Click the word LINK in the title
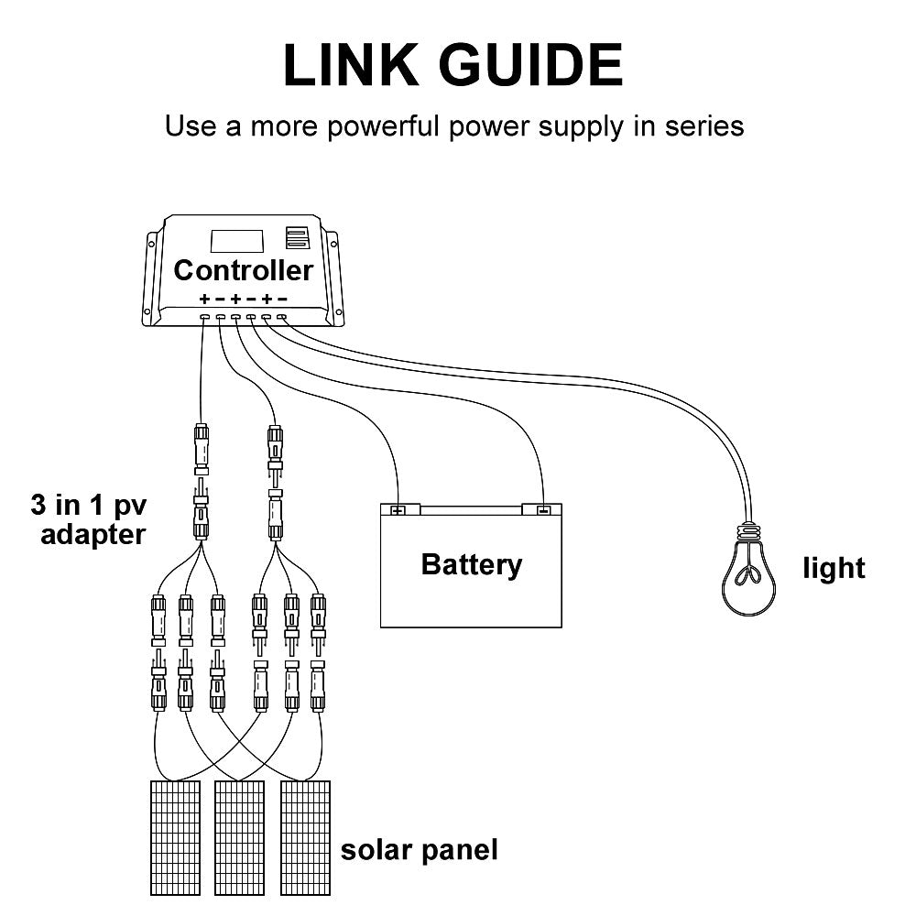[x=357, y=65]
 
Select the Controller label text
[x=243, y=270]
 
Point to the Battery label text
[x=471, y=564]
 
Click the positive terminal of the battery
[x=398, y=510]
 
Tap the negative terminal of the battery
[x=542, y=510]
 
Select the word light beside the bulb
[x=834, y=569]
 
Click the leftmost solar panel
[x=174, y=837]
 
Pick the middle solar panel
[x=239, y=837]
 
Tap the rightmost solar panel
[x=305, y=837]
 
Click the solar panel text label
[x=420, y=850]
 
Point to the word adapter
[x=93, y=534]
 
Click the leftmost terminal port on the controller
[x=204, y=317]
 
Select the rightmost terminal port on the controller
[x=282, y=317]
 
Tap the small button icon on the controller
[x=295, y=238]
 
